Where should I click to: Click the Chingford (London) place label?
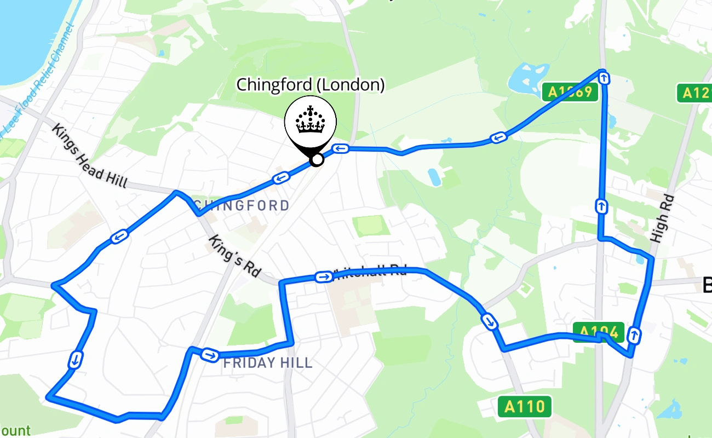310,85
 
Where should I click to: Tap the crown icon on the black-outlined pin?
311,120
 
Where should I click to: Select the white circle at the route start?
317,160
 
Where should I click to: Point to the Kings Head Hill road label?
90,156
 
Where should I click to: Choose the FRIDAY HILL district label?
268,362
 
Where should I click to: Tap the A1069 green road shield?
570,92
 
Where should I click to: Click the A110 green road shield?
525,406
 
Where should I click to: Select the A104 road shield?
599,332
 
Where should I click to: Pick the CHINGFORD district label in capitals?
242,206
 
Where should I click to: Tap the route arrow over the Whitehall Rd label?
323,277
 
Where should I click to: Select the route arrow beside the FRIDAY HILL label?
209,355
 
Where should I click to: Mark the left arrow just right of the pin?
341,148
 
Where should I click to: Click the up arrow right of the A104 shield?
634,335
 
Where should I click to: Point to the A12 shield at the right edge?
694,93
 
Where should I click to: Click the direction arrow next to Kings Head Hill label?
119,237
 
